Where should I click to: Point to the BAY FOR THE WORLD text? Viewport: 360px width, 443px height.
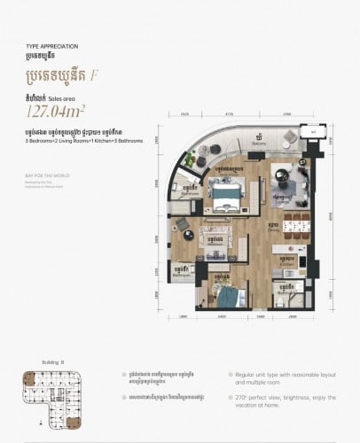(43, 175)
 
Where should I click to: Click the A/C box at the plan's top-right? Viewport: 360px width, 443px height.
(311, 131)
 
